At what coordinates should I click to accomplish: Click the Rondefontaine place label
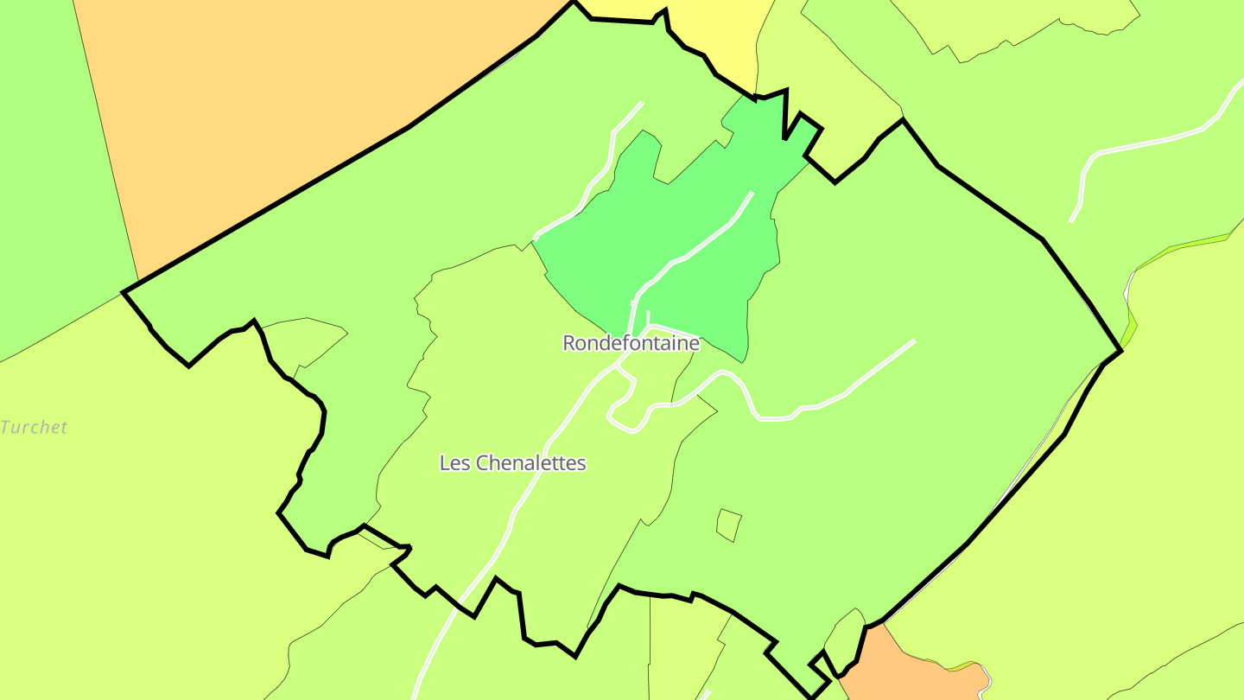tap(631, 343)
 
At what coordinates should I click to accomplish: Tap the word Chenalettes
tap(531, 463)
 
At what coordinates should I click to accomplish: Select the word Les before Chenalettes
tap(455, 463)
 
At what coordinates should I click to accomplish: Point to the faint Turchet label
tap(35, 427)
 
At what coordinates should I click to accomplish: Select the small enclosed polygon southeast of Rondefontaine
tap(728, 525)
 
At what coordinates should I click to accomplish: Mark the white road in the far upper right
tap(1149, 143)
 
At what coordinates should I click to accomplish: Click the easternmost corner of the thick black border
tap(1120, 350)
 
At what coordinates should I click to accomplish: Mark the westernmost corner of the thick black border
tap(124, 292)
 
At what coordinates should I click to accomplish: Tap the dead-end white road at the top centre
tap(615, 138)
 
